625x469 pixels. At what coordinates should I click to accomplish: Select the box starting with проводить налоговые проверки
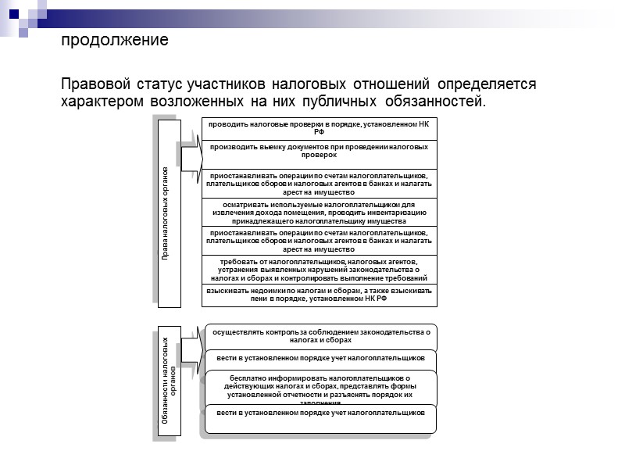coord(319,128)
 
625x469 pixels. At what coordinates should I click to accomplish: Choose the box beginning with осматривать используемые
coord(319,212)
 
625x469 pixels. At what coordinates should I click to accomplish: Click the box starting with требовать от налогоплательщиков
coord(319,269)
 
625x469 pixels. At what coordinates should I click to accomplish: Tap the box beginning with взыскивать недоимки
coord(319,294)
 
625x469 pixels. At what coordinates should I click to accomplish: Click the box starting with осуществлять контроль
coord(319,336)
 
